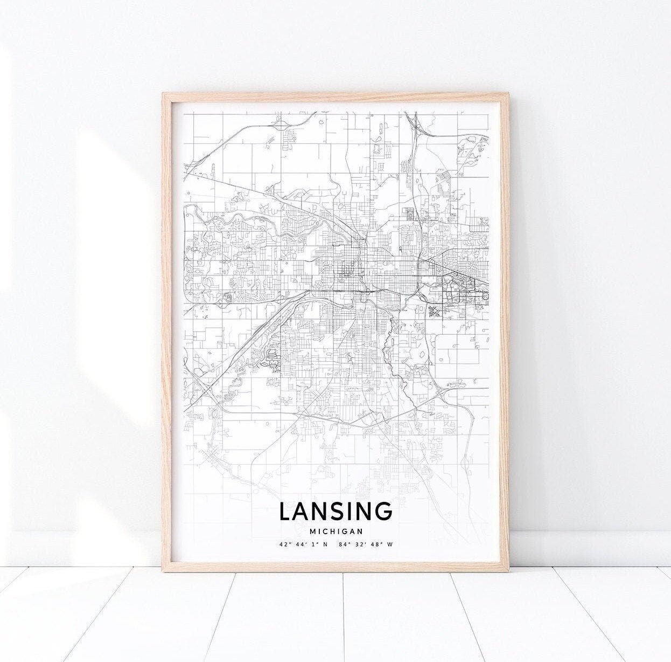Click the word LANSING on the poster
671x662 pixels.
(336, 512)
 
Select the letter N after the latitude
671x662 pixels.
(325, 544)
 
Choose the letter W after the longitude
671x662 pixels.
(390, 544)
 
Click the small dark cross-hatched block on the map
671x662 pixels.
(434, 311)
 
